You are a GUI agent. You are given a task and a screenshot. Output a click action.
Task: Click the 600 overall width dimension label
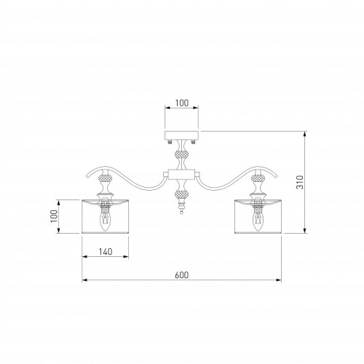pos(181,275)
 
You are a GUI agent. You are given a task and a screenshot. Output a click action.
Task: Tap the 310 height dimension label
pos(300,182)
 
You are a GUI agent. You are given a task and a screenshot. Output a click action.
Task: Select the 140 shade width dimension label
pos(106,252)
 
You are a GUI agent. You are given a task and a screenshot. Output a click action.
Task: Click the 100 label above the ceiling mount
pos(182,103)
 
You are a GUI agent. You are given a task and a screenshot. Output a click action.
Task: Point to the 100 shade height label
pos(54,215)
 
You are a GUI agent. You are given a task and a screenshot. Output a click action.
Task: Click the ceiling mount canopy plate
pos(182,135)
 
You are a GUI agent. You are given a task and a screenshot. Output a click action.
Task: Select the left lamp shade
pos(106,216)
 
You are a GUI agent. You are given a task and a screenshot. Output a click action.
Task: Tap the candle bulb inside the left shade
pos(105,221)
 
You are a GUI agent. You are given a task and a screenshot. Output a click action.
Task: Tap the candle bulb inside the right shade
pos(258,221)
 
